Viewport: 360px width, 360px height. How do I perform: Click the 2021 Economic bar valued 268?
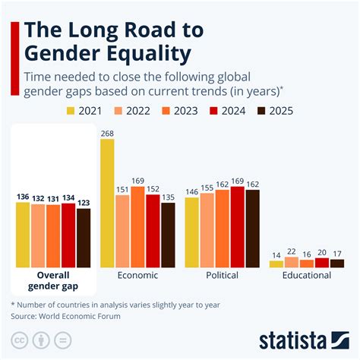click(x=107, y=203)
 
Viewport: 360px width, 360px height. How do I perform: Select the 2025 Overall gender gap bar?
click(x=84, y=237)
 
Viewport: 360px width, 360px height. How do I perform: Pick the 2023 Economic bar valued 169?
click(x=137, y=226)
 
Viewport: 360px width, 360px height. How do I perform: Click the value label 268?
click(x=107, y=134)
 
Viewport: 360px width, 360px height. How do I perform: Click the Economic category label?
click(x=137, y=275)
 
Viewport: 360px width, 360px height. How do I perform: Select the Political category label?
click(x=223, y=275)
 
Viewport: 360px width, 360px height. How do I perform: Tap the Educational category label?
click(x=307, y=275)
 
